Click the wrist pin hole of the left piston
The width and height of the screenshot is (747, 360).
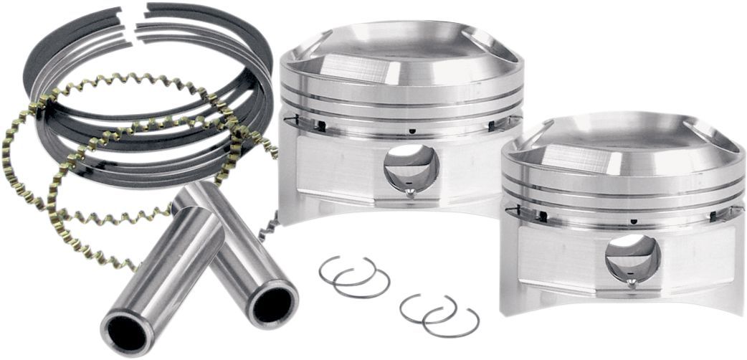point(411,167)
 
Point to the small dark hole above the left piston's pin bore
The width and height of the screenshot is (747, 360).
point(414,131)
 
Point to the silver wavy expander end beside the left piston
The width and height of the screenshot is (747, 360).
point(268,227)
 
